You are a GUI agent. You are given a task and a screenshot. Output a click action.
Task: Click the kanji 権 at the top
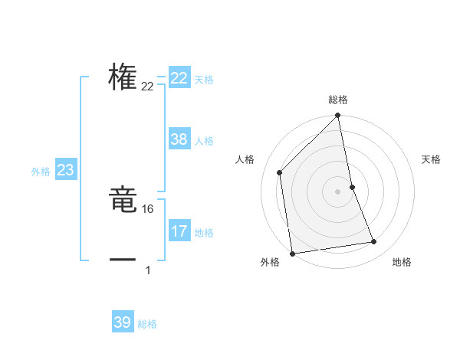[x=123, y=78]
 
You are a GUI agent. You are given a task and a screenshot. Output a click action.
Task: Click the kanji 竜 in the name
[x=123, y=202]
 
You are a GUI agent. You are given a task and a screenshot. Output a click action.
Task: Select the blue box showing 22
[x=179, y=78]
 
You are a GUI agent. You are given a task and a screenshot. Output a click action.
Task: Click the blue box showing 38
[x=179, y=139]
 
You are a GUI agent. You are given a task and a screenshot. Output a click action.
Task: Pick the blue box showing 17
[x=179, y=231]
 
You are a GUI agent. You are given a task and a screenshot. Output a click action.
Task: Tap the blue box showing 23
[x=65, y=170]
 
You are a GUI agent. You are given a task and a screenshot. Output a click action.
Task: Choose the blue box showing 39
[x=123, y=322]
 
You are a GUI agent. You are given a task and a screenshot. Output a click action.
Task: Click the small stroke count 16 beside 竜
[x=148, y=209]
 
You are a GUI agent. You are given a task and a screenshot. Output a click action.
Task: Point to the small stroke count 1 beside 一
[x=148, y=270]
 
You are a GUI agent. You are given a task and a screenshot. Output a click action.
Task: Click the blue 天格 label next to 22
[x=204, y=80]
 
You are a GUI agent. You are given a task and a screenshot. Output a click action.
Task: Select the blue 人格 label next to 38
[x=204, y=141]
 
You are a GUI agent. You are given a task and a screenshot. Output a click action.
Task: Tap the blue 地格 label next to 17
[x=204, y=233]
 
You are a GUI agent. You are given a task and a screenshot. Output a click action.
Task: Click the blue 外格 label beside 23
[x=41, y=172]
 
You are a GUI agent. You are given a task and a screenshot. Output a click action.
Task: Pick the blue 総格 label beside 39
[x=147, y=324]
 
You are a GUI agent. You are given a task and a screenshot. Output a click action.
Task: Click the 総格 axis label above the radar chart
[x=338, y=100]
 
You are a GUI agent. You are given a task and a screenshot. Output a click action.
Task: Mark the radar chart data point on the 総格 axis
[x=338, y=116]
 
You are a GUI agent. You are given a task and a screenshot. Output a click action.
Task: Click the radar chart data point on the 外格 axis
[x=292, y=254]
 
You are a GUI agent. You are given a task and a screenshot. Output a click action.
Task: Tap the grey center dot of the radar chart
[x=338, y=191]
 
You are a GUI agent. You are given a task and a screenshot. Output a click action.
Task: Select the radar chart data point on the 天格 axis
[x=352, y=186]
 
